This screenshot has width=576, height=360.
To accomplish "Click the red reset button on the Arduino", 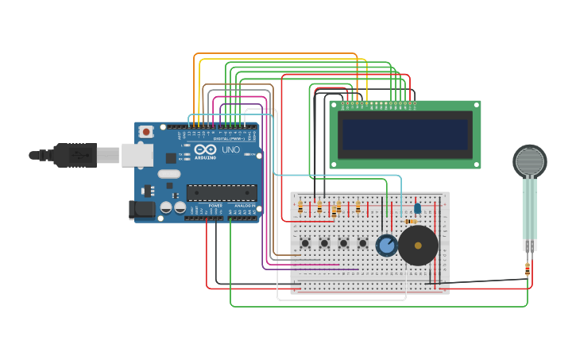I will pyautogui.click(x=146, y=132).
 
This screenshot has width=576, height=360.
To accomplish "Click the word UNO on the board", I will pyautogui.click(x=230, y=149).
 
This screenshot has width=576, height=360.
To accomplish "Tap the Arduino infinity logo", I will pyautogui.click(x=205, y=149).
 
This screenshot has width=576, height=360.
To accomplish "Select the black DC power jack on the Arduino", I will pyautogui.click(x=141, y=210).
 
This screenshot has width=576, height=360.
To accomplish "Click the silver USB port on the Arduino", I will pyautogui.click(x=137, y=155).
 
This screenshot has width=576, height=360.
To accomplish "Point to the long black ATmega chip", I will pyautogui.click(x=222, y=192).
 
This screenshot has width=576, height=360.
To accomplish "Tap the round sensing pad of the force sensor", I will pyautogui.click(x=529, y=161).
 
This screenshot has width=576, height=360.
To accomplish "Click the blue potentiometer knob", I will pyautogui.click(x=387, y=246).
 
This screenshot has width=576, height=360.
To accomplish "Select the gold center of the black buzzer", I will pyautogui.click(x=418, y=246).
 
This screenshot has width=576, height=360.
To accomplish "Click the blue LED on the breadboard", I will pyautogui.click(x=417, y=208).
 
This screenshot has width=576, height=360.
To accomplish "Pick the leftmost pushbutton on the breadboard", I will pyautogui.click(x=305, y=243).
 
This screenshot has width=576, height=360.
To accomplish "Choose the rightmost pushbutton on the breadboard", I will pyautogui.click(x=363, y=243).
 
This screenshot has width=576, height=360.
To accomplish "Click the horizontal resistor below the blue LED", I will pyautogui.click(x=410, y=222).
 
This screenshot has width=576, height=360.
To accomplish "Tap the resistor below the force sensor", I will pyautogui.click(x=528, y=269).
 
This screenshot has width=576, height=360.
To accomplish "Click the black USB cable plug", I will pyautogui.click(x=75, y=155).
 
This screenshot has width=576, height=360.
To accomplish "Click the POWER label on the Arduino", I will pyautogui.click(x=215, y=206).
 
